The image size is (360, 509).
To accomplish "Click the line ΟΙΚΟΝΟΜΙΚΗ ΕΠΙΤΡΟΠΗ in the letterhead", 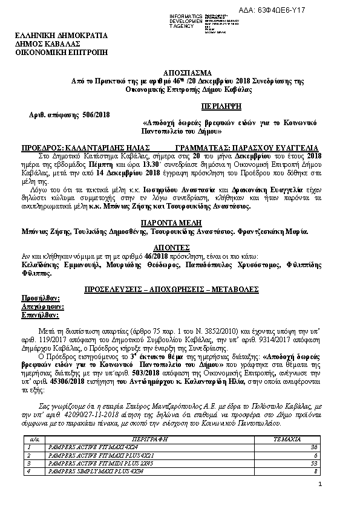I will click(61, 53).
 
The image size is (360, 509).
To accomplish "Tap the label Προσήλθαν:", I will click(41, 299).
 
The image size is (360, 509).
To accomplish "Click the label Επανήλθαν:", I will click(41, 315).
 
